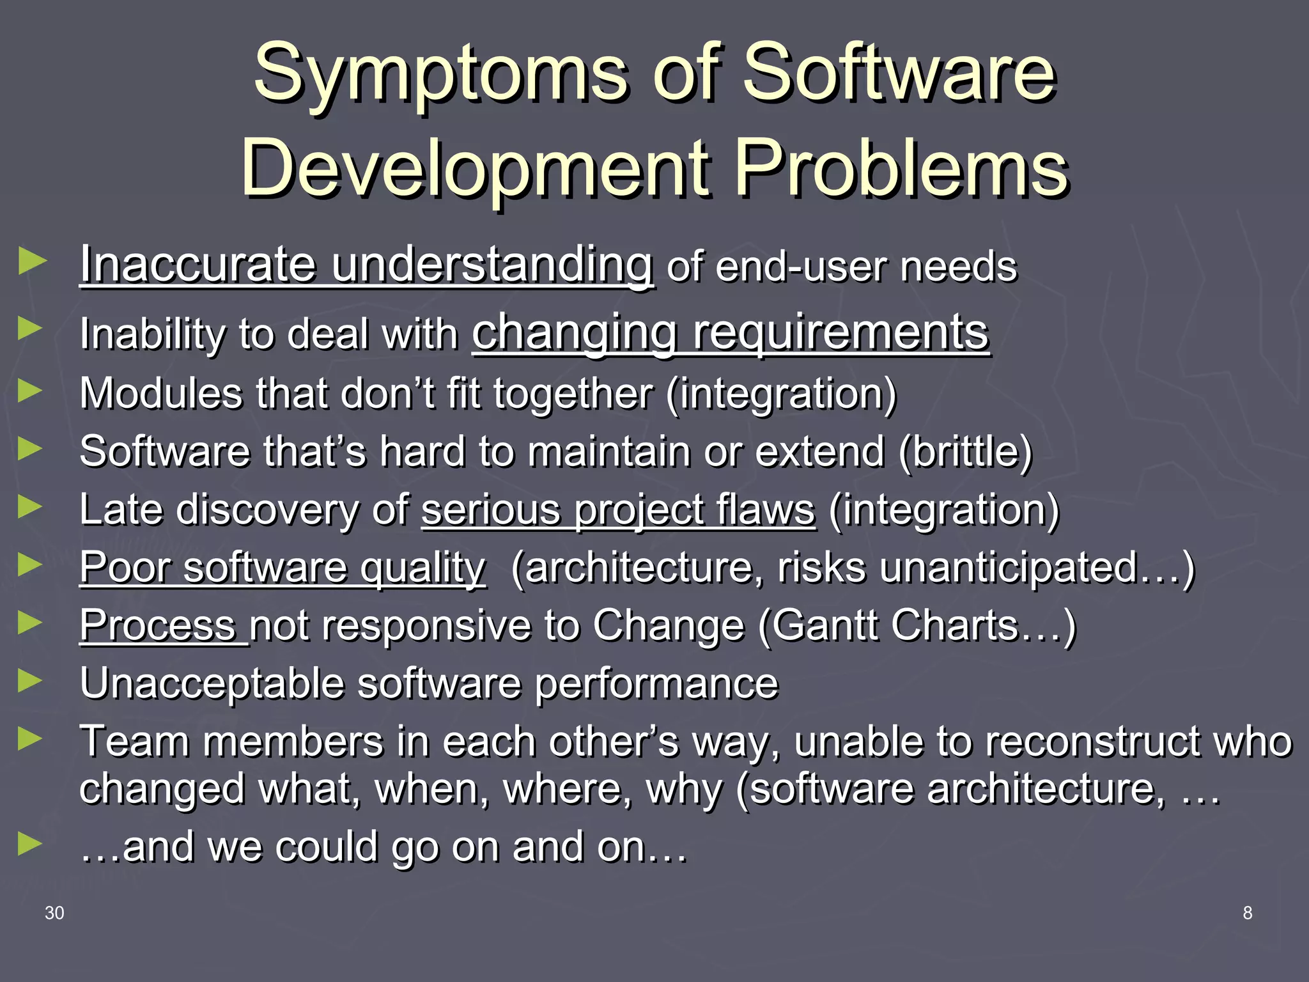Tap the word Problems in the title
901,169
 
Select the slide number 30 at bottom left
54,913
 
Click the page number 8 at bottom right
1247,913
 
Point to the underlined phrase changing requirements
731,332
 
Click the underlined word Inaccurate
198,265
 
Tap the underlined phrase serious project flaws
618,510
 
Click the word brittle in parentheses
965,452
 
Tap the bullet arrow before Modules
31,391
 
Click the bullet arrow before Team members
31,740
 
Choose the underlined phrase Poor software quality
283,568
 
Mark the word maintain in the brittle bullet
610,452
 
